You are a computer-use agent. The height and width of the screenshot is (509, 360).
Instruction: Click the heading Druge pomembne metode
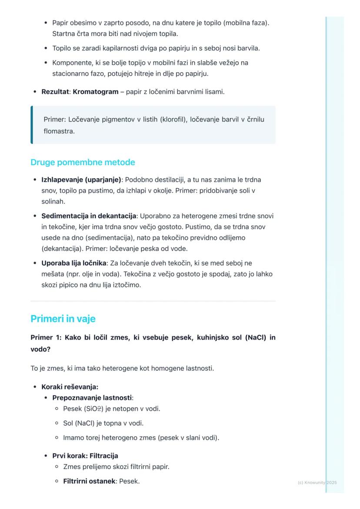point(83,163)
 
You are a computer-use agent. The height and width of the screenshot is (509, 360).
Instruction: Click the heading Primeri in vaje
point(63,319)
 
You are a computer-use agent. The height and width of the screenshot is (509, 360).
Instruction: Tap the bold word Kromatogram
point(96,92)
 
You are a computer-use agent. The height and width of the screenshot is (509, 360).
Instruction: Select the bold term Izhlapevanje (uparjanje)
point(81,180)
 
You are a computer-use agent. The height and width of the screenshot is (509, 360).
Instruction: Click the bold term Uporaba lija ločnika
point(74,263)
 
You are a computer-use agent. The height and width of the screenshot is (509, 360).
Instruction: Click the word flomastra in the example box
point(59,131)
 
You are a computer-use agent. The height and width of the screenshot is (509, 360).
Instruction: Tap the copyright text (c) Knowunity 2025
point(317,482)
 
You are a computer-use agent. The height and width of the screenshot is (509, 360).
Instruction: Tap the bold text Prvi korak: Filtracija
point(85,456)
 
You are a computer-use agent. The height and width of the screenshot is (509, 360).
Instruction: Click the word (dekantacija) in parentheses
point(61,249)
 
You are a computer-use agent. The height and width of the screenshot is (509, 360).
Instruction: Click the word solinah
point(53,202)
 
